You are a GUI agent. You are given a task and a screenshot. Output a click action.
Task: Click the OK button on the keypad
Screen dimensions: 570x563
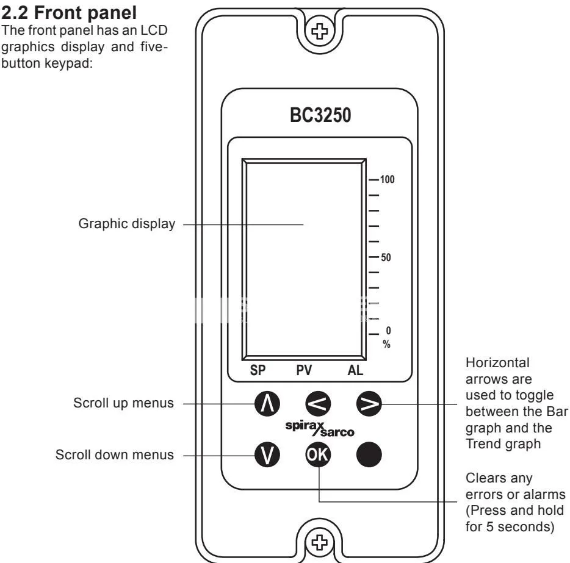318,454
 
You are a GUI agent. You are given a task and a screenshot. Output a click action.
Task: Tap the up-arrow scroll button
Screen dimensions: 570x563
267,404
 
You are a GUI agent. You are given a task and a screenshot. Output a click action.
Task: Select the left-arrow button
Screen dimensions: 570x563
318,404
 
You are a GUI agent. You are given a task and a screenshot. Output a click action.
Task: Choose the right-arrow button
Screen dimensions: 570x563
369,404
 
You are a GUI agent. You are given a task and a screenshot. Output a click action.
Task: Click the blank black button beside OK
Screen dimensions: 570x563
369,454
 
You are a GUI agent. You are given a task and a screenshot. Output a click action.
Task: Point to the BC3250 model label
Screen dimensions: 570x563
320,115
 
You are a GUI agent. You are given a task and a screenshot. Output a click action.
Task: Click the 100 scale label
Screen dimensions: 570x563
387,179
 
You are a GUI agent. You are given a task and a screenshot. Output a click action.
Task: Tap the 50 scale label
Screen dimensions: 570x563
386,257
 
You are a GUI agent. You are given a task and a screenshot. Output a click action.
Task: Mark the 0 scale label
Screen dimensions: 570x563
388,331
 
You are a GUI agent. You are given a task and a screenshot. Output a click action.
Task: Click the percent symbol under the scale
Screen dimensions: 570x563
386,344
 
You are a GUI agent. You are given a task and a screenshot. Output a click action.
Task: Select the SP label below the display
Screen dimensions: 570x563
258,370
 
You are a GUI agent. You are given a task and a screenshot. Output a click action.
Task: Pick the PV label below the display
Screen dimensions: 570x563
304,370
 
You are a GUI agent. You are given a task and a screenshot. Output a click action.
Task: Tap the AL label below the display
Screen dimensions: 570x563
355,370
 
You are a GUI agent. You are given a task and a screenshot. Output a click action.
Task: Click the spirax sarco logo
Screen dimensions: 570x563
320,429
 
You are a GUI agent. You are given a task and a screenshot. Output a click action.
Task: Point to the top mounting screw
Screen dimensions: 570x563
320,31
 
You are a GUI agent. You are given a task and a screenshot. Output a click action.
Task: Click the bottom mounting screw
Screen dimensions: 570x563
320,543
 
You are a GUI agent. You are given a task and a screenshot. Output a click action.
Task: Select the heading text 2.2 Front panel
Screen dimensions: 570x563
69,13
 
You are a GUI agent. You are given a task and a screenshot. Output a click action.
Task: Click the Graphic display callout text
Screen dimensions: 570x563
127,224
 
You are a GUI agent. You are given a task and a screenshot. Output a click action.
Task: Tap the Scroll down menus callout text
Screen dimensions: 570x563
115,455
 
